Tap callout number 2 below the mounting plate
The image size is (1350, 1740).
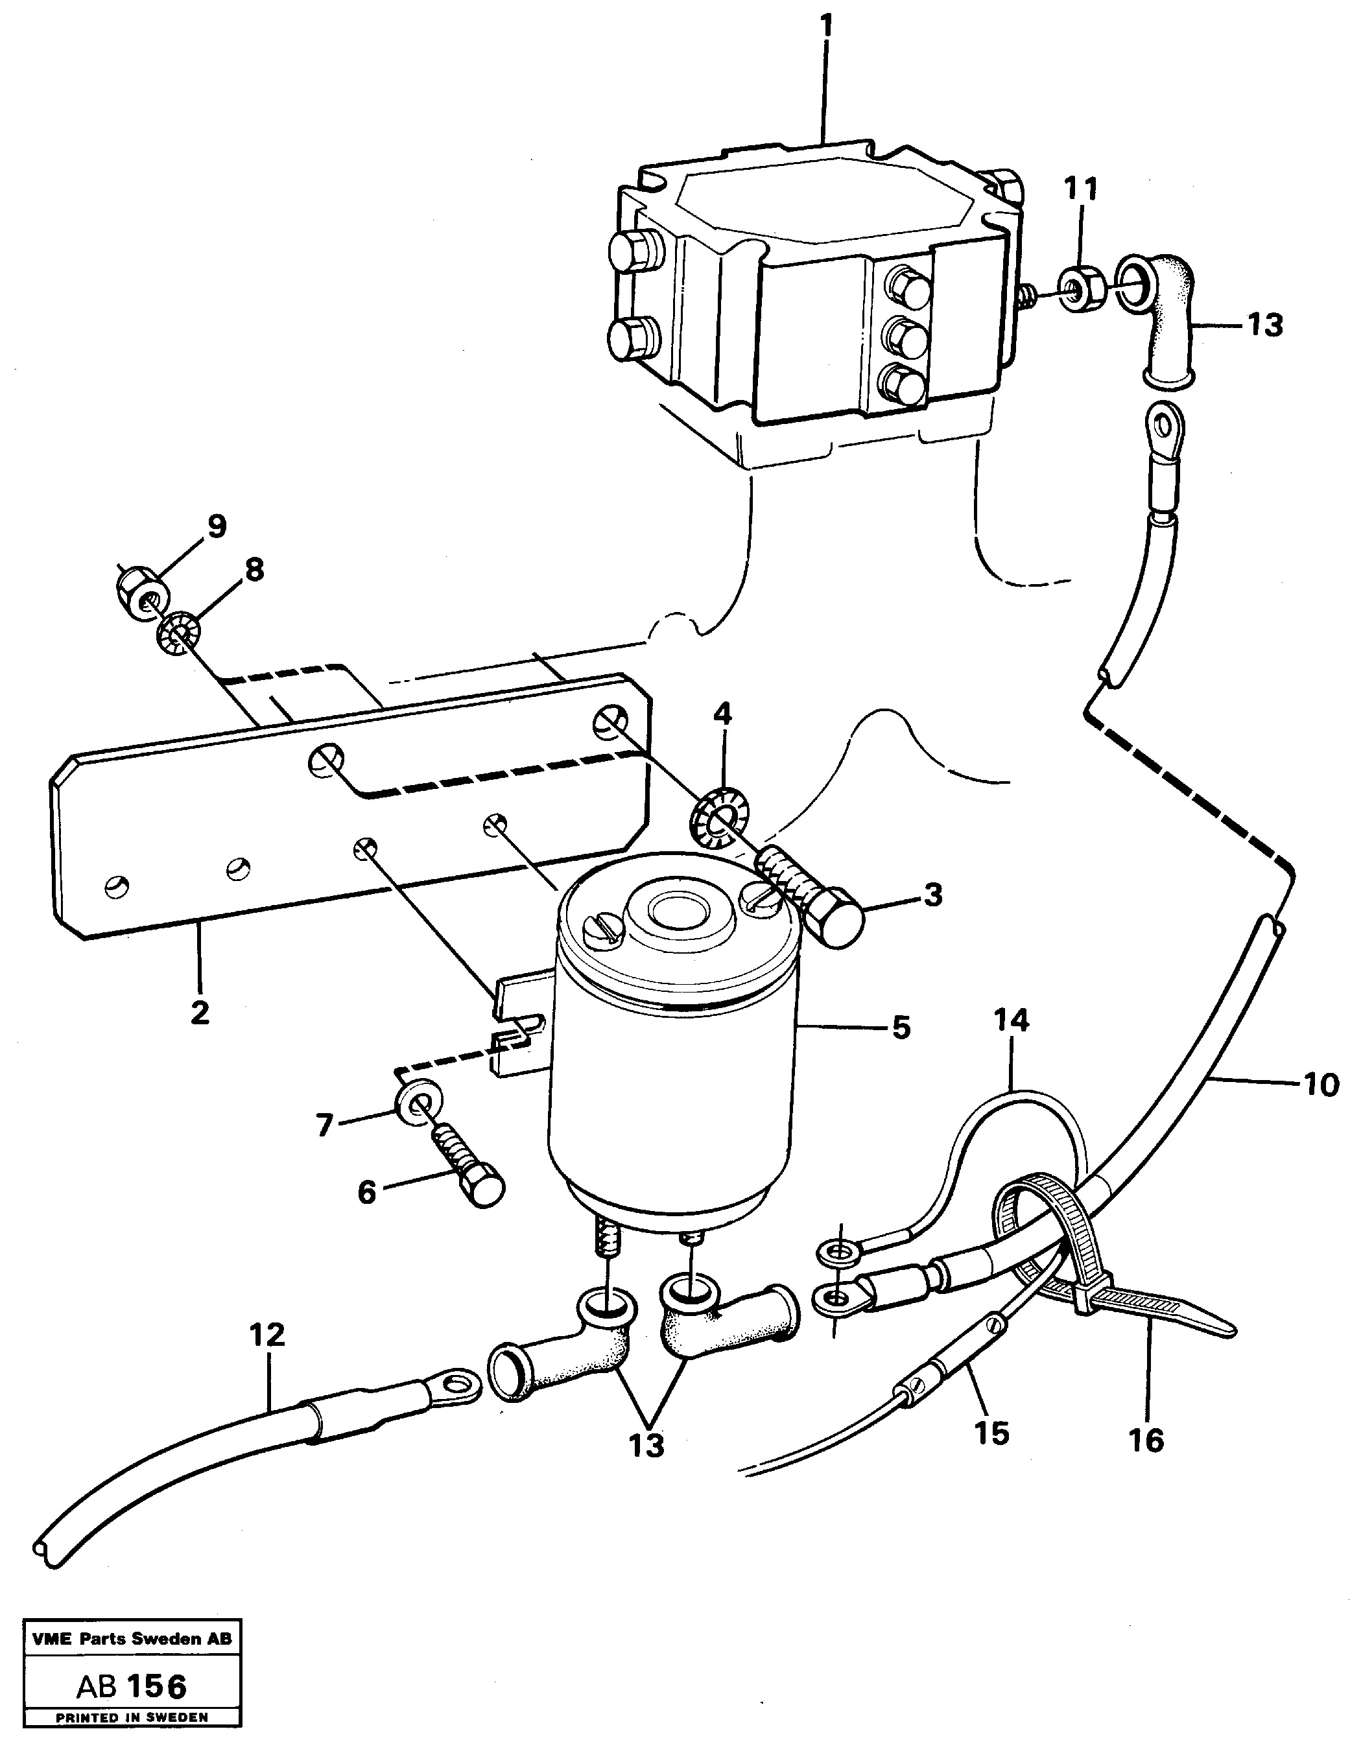(x=199, y=1012)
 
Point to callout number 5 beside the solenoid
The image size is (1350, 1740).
(x=901, y=1028)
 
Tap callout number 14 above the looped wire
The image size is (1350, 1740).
(x=1012, y=1020)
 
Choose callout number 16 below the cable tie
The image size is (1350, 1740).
(x=1146, y=1440)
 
